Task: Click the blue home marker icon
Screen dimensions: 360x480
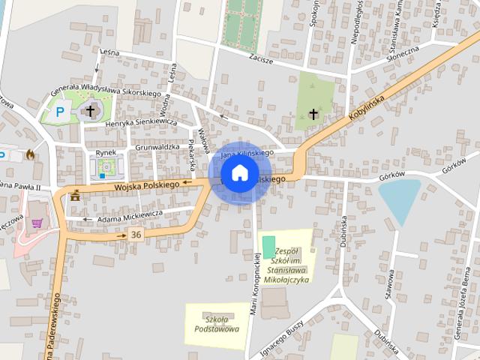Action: click(239, 172)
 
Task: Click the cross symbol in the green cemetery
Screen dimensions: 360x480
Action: click(313, 114)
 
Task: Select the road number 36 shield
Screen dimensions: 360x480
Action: click(135, 235)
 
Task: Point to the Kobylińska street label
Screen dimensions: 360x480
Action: click(365, 103)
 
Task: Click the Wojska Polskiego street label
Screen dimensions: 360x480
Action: click(146, 184)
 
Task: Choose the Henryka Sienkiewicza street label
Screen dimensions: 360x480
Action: click(141, 122)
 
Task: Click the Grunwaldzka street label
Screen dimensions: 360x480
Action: click(158, 148)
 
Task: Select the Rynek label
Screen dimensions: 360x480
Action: click(106, 152)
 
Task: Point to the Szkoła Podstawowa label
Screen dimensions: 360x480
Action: click(215, 323)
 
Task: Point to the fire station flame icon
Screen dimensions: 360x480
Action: click(30, 154)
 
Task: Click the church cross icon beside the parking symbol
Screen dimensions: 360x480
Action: click(91, 111)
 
